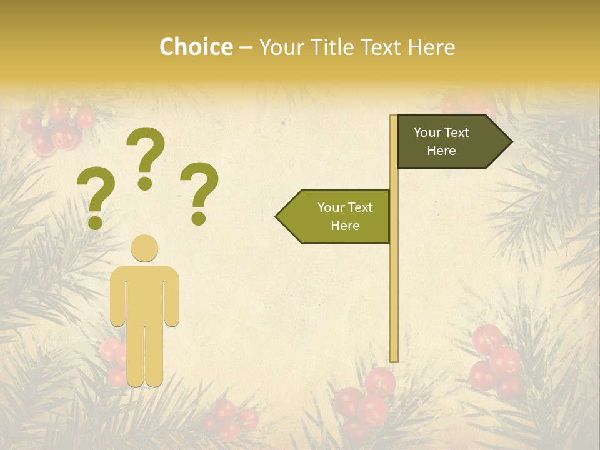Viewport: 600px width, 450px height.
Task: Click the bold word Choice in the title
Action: (x=196, y=47)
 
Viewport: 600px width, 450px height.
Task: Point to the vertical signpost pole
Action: (x=394, y=281)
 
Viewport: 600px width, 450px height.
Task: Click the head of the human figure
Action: (x=144, y=248)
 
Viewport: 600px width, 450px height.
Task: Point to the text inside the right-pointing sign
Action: (x=441, y=141)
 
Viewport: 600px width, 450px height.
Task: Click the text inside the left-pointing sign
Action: (x=345, y=216)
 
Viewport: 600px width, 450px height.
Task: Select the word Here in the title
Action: (x=431, y=47)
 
